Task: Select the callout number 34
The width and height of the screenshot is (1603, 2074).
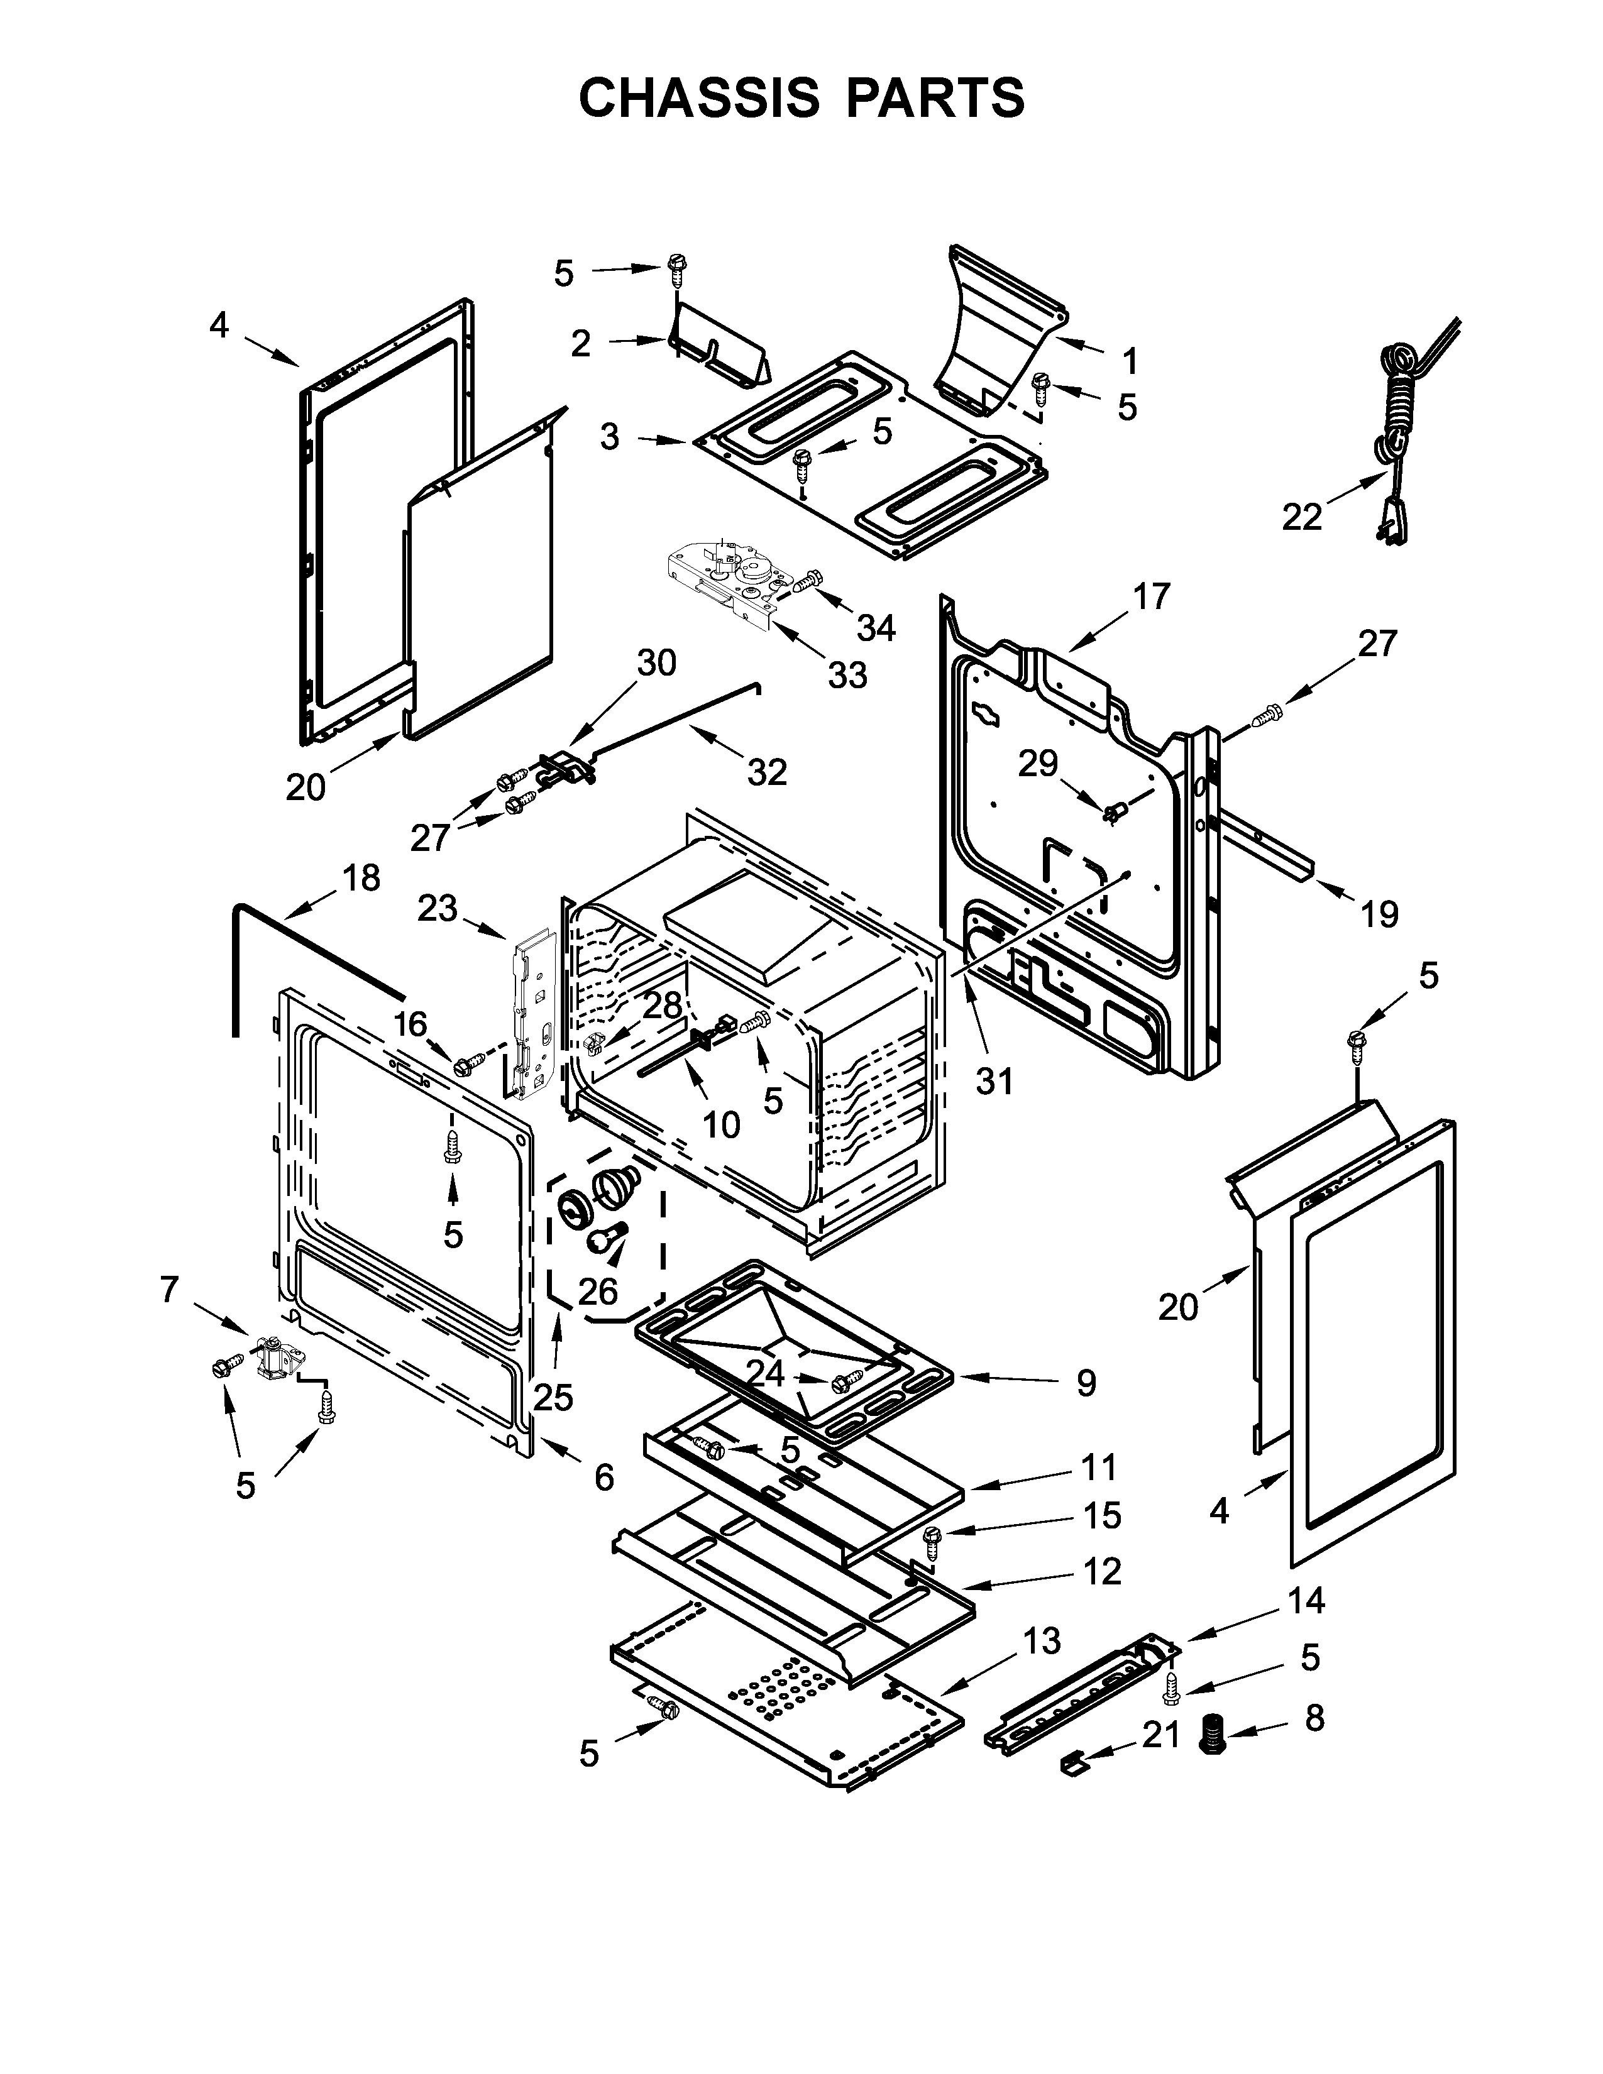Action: [x=876, y=628]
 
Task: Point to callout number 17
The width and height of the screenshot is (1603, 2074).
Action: [x=1151, y=596]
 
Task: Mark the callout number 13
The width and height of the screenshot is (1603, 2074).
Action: [x=1042, y=1640]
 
